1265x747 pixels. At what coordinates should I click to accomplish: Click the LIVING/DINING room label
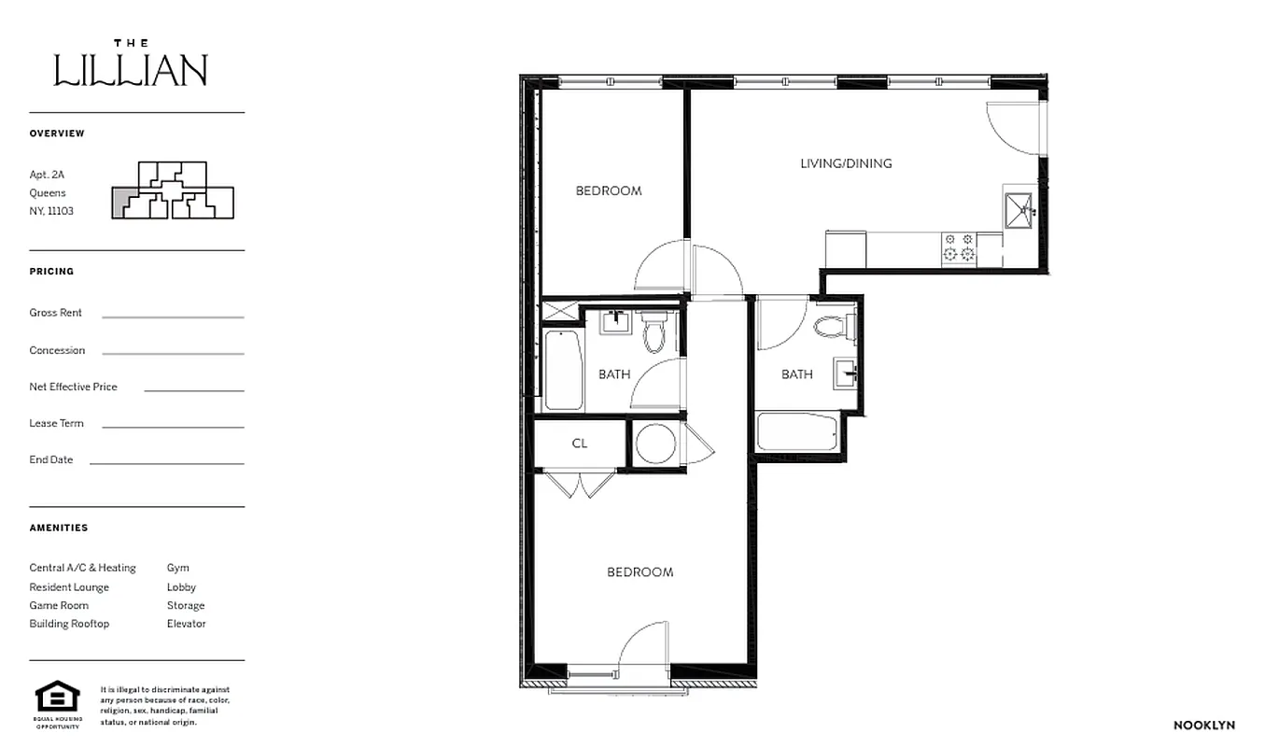coord(846,163)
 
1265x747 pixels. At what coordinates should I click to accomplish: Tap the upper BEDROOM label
coord(608,190)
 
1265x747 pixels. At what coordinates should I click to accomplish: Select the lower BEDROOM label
coord(640,571)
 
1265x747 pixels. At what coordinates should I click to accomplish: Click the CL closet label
coord(579,444)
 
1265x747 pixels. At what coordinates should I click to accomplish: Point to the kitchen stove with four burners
coord(958,247)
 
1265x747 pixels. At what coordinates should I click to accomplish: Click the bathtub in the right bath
coord(798,432)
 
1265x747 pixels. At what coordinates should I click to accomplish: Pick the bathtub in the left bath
coord(562,369)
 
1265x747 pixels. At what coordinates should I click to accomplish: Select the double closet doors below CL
coord(580,484)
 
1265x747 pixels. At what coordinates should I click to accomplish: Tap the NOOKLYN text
coord(1203,725)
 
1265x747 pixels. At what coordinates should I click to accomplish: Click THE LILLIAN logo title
coord(131,65)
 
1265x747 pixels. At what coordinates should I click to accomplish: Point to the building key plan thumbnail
coord(172,190)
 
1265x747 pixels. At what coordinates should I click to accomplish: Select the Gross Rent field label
coord(55,313)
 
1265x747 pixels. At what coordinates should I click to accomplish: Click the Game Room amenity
coord(59,605)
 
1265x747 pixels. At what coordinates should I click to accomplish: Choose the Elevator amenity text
coord(186,624)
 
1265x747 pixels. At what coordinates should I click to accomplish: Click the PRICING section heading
coord(51,272)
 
